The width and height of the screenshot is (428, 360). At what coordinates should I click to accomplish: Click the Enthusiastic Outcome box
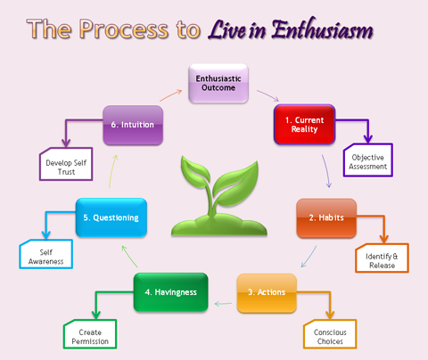[218, 84]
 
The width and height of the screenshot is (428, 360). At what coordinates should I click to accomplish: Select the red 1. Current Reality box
[304, 125]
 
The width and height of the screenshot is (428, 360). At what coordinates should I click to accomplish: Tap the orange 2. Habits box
[326, 218]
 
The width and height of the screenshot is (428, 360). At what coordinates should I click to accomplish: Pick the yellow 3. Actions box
[267, 293]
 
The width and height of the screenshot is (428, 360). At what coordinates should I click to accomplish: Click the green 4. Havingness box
[171, 292]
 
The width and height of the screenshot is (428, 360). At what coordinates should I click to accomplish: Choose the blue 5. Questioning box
[111, 217]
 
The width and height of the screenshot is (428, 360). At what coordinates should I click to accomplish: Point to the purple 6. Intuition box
[133, 125]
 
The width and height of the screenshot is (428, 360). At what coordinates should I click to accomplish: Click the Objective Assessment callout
[368, 160]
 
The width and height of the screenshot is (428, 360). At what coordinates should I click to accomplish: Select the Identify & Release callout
[382, 258]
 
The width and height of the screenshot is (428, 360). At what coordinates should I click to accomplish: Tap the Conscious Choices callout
[330, 334]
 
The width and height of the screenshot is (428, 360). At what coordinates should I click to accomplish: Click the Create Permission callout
[90, 334]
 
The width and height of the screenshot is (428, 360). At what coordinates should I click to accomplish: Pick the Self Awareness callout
[46, 254]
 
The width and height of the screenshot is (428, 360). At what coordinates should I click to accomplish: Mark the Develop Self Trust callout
[66, 164]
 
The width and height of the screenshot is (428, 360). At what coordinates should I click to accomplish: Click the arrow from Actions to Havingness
[223, 304]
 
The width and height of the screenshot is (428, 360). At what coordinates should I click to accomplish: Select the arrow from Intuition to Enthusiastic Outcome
[171, 95]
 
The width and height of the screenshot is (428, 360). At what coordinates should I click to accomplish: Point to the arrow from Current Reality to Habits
[326, 171]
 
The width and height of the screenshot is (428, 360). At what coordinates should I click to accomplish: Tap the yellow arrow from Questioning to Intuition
[113, 171]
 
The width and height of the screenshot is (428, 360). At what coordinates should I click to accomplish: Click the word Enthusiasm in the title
[322, 29]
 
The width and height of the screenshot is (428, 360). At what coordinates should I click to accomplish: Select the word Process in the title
[124, 29]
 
